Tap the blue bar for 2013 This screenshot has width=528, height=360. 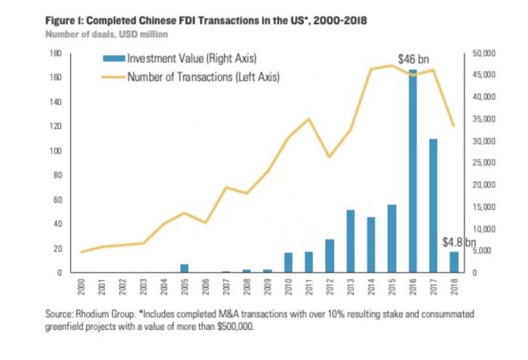[351, 241]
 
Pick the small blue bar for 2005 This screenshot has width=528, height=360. [184, 268]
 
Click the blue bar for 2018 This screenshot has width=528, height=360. [454, 261]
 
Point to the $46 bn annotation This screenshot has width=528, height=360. [413, 58]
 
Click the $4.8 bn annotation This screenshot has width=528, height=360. [459, 243]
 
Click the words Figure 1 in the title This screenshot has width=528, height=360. [65, 20]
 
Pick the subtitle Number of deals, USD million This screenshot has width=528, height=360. [106, 33]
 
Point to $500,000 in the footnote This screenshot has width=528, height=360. [236, 327]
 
